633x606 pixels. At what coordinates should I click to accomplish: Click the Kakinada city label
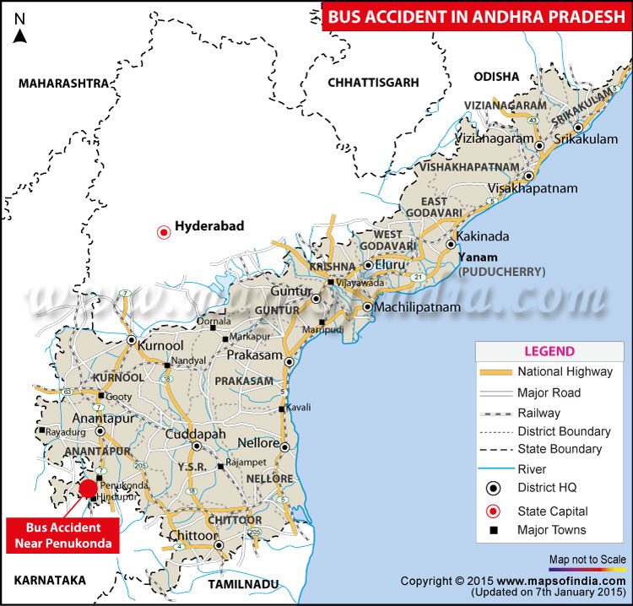click(483, 235)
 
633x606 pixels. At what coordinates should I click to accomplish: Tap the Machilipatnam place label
click(418, 307)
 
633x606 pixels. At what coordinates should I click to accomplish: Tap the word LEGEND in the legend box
click(549, 351)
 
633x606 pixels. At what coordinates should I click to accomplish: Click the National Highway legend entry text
click(565, 371)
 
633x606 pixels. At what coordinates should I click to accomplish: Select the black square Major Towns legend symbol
click(492, 530)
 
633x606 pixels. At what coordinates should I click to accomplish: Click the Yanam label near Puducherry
click(479, 257)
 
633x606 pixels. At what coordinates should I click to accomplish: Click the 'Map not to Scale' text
click(587, 560)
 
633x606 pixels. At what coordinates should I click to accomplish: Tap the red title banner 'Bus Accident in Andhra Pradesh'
click(476, 17)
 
